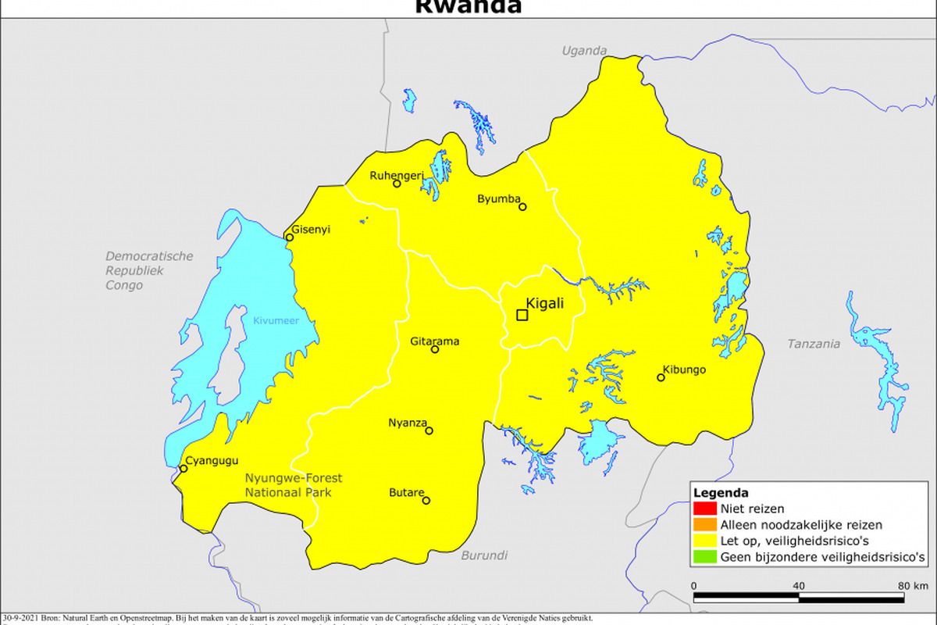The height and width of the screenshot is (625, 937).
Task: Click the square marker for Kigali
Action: (522, 315)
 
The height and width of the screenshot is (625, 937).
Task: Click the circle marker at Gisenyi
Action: (289, 237)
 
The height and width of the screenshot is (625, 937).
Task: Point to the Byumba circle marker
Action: (522, 207)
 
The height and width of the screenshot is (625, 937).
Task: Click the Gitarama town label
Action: (435, 341)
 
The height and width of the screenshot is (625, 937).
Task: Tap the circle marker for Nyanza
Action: (429, 430)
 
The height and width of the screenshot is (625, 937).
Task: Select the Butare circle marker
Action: (426, 501)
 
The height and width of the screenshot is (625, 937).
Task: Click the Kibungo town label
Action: (684, 369)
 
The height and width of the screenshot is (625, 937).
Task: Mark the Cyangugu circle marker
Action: (183, 469)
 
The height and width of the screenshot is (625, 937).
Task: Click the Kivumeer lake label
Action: (276, 320)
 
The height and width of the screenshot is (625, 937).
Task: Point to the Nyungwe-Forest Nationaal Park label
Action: (293, 485)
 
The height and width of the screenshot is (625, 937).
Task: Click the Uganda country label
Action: (584, 51)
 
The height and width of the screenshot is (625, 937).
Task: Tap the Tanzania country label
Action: (814, 343)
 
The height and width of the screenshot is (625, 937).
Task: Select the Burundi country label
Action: (484, 555)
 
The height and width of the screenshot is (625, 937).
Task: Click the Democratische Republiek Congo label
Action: (148, 271)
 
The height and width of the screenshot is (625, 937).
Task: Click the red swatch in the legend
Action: (699, 509)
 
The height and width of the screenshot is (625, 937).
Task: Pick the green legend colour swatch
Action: (699, 557)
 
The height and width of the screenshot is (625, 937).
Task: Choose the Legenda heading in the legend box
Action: (721, 493)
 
